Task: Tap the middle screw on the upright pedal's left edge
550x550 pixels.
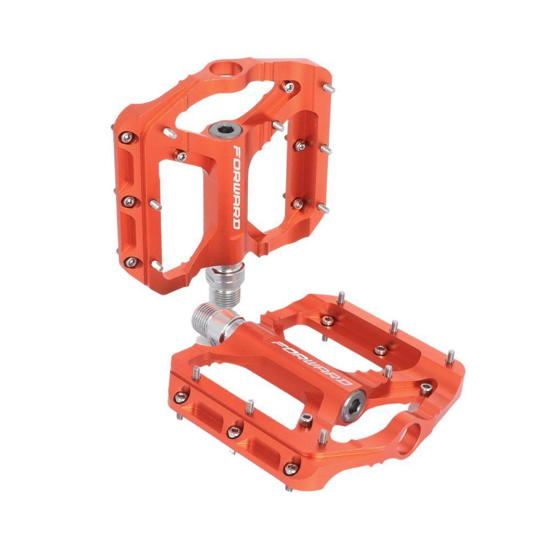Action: [x=128, y=199]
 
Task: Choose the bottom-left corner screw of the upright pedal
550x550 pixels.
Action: [x=130, y=262]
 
